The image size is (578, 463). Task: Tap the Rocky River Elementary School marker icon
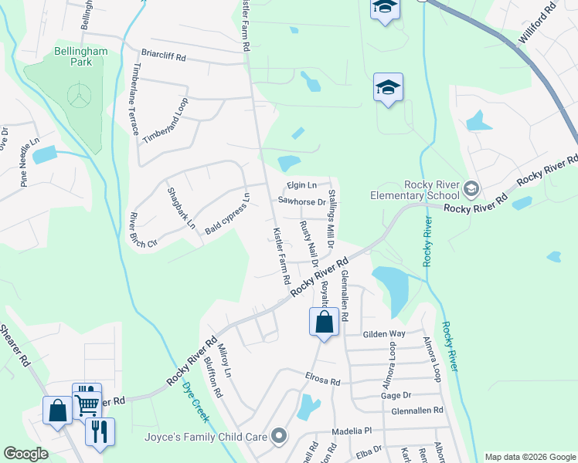[x=469, y=189]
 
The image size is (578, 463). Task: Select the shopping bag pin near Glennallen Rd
[x=325, y=321]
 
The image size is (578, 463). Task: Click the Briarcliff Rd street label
[x=165, y=56]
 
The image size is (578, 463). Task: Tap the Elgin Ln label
[x=301, y=186]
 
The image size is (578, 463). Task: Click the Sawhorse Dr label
[x=301, y=201]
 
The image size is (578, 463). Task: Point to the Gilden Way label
[x=384, y=333]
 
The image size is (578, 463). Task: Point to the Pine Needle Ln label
[x=29, y=163]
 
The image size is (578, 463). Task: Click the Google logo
[x=25, y=454]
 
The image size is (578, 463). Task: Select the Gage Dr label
[x=394, y=395]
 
